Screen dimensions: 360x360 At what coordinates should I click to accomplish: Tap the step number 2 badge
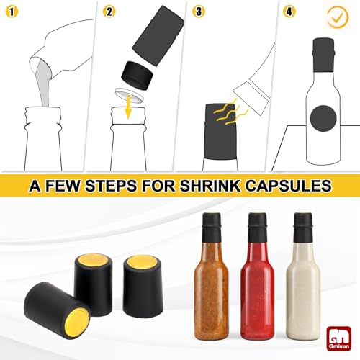point(109,12)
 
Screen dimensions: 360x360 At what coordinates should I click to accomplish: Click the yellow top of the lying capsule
point(76,318)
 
